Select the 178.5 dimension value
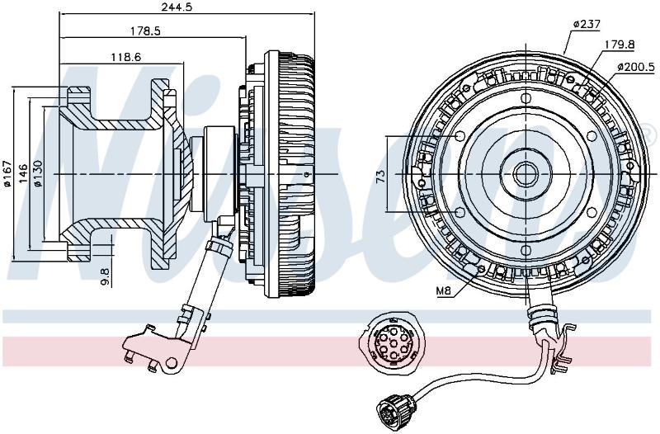point(146,31)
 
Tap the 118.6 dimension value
point(125,57)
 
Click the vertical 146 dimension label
point(24,173)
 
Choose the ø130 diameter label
point(38,173)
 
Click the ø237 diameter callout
point(587,24)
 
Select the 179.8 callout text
point(620,45)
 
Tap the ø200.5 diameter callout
point(636,67)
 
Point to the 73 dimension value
point(380,175)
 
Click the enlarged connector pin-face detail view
point(392,343)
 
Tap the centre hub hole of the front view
point(526,174)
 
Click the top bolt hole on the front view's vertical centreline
point(526,98)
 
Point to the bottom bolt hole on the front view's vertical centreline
point(526,251)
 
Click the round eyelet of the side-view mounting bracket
point(172,362)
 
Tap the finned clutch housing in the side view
point(290,174)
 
